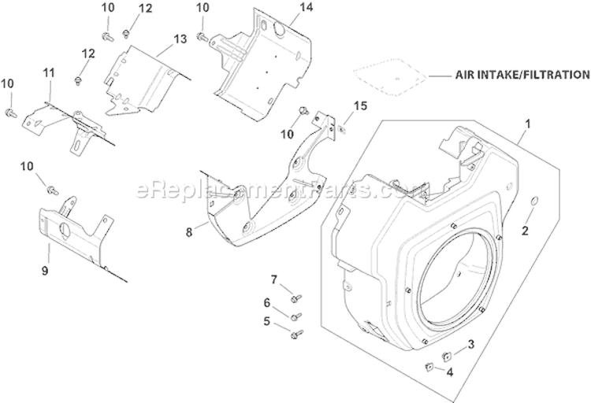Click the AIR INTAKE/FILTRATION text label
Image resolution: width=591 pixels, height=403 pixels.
coord(522,76)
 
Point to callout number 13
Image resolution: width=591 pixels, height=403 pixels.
coord(180,39)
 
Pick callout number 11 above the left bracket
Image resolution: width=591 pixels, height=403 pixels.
coord(48,73)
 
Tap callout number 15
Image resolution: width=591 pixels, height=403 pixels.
coord(359,105)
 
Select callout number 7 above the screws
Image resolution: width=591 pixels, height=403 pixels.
coord(274,279)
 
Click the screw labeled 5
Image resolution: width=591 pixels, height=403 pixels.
coord(295,334)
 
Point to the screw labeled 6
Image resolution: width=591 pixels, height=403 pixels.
coord(295,316)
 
